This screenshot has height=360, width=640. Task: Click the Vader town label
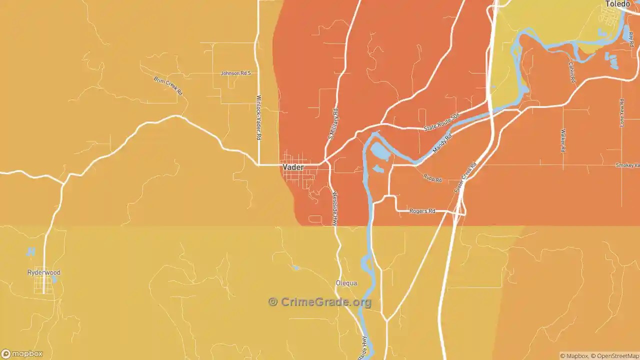[293, 167]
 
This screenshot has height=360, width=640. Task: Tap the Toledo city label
[617, 4]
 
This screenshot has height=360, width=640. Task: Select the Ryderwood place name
[44, 272]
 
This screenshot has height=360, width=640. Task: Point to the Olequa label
[346, 283]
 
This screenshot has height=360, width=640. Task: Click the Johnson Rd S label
[235, 73]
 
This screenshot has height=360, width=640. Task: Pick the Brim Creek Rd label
[168, 86]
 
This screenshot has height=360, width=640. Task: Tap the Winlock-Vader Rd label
[259, 117]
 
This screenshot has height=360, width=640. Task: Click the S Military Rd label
[333, 124]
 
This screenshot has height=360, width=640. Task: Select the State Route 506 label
[441, 122]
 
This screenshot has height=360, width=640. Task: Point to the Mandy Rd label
[442, 143]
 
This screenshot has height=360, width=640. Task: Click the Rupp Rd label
[432, 178]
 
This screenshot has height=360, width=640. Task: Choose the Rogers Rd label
[422, 211]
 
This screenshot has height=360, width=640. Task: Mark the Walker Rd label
[563, 140]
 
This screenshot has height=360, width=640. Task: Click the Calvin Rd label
[571, 72]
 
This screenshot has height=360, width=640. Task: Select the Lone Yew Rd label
[622, 112]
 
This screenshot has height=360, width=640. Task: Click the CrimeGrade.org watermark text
[320, 302]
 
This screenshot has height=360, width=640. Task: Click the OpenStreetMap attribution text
[614, 356]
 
